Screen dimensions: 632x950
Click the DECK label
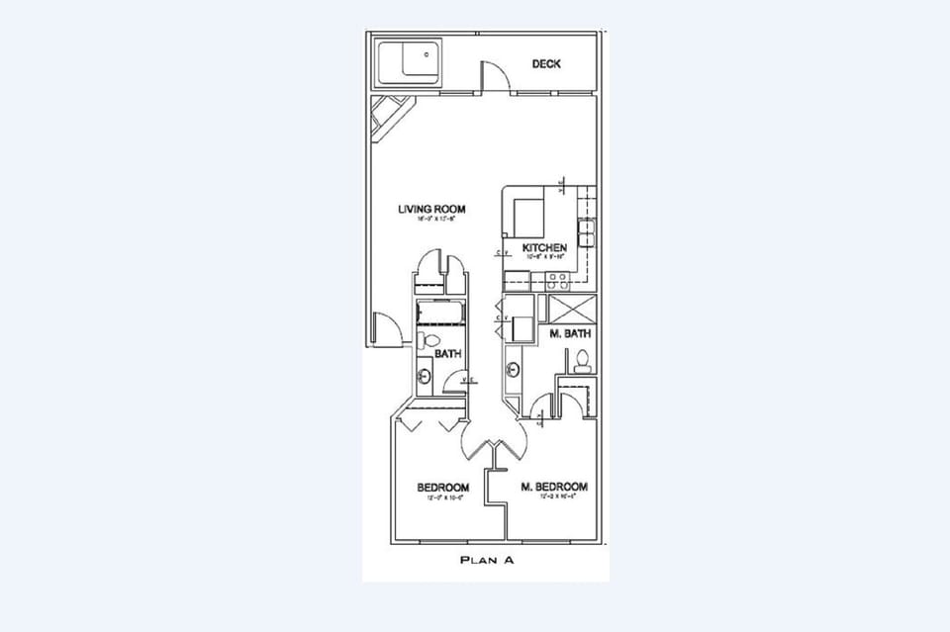[546, 64]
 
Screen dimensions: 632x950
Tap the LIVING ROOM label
[431, 209]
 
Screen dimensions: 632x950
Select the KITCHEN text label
[544, 247]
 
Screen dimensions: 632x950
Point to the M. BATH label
[570, 334]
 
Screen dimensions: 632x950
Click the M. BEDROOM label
[554, 487]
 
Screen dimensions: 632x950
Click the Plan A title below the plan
[486, 560]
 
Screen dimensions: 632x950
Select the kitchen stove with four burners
[528, 213]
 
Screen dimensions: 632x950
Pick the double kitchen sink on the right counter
[586, 234]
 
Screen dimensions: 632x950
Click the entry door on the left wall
[386, 328]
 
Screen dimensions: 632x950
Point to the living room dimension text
[431, 220]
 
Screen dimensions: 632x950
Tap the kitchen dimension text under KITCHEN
[544, 256]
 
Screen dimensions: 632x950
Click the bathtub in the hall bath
[439, 315]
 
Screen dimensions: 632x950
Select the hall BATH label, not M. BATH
[447, 353]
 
